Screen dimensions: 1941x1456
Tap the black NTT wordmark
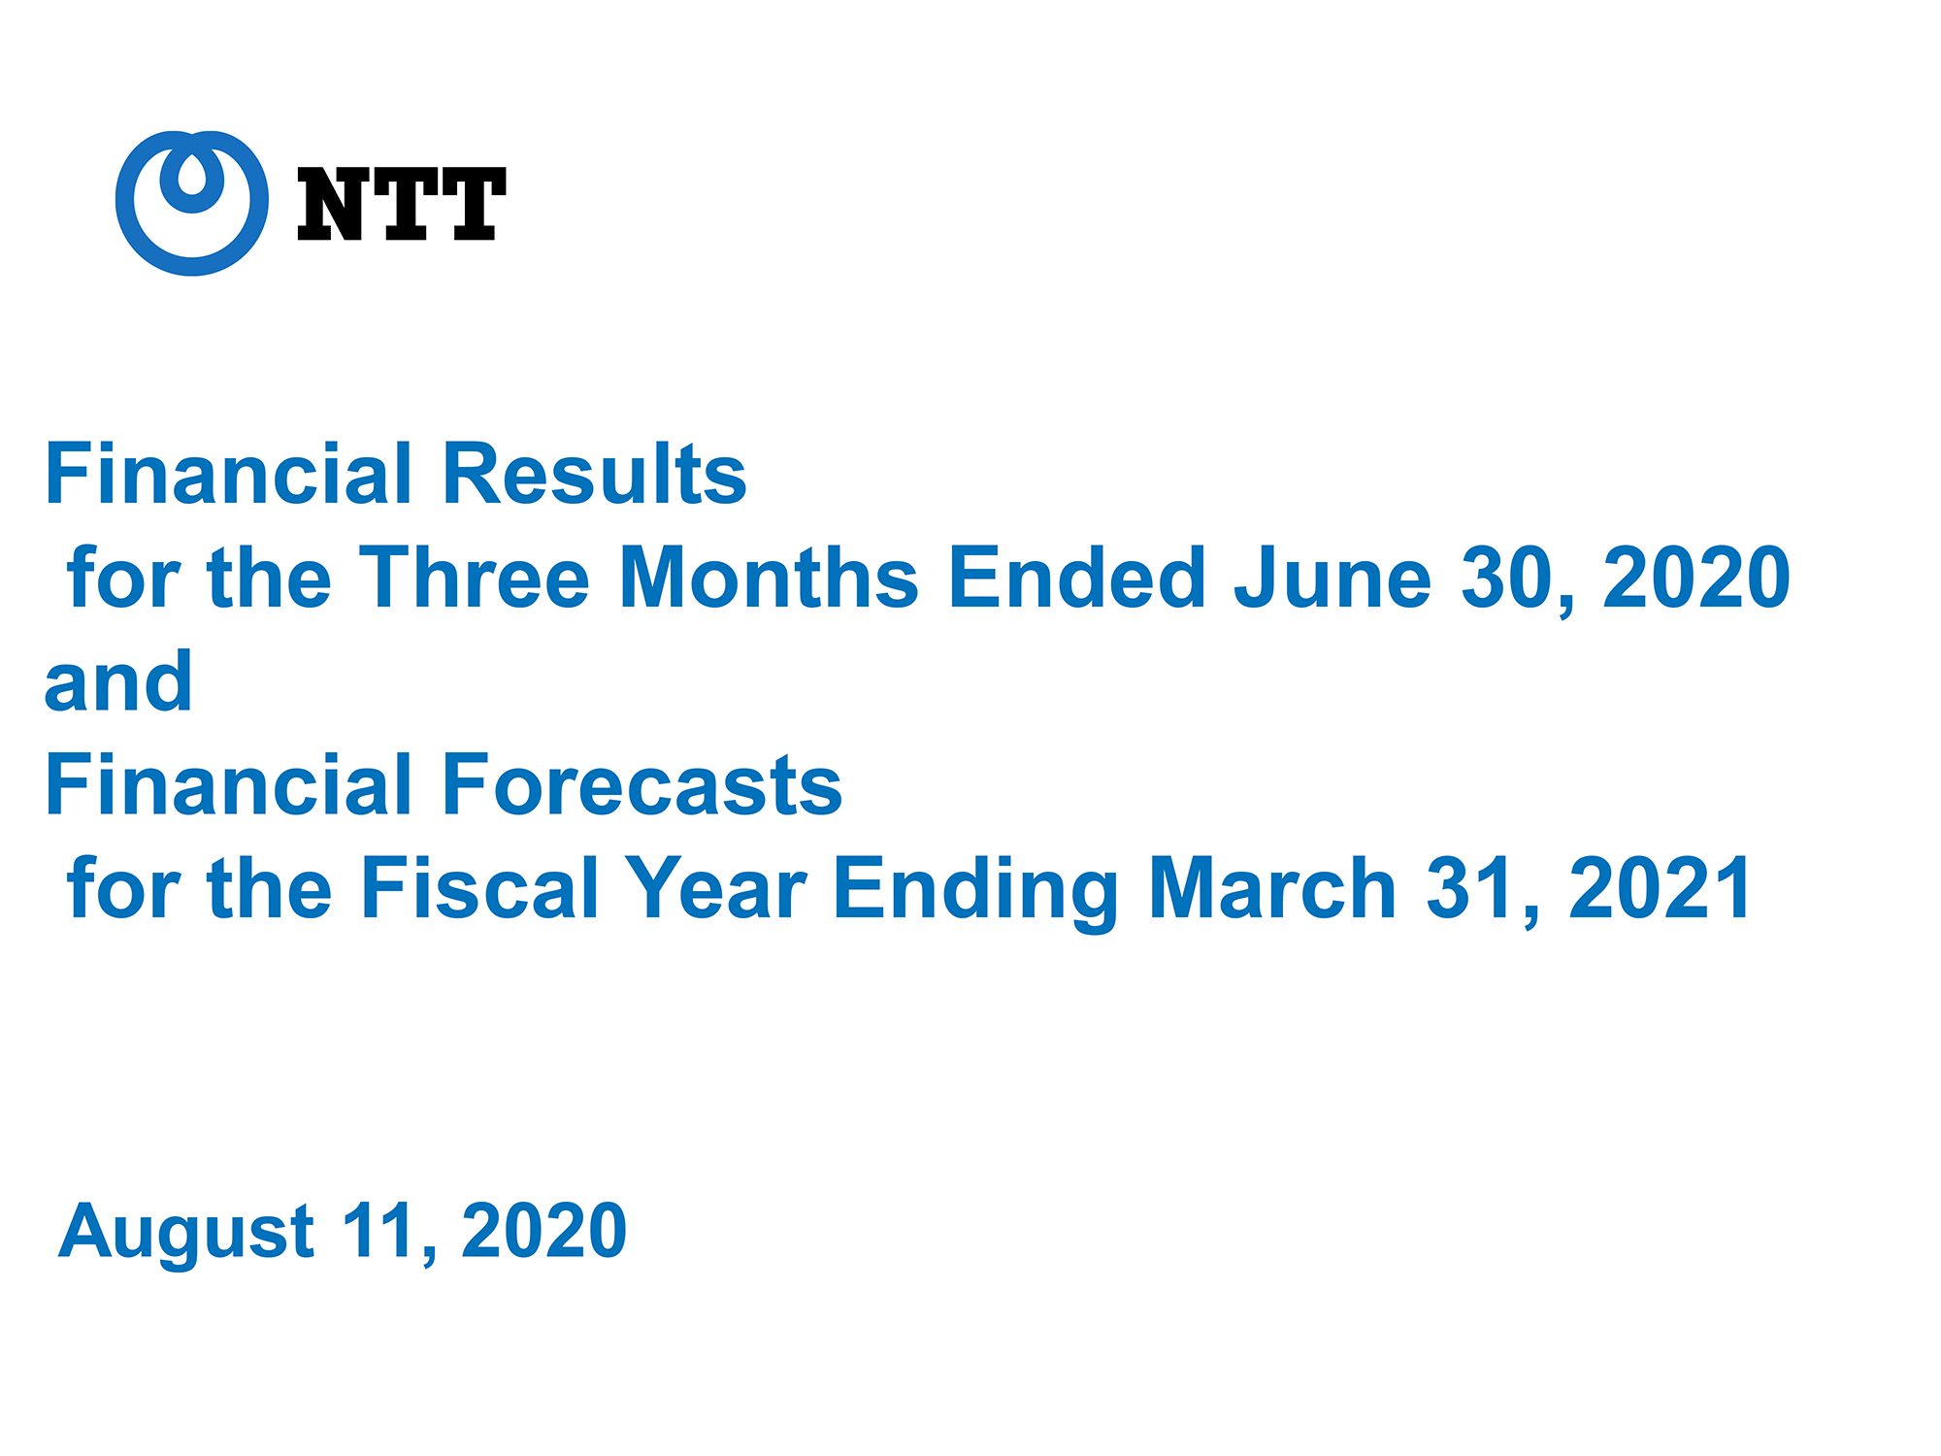[x=401, y=204]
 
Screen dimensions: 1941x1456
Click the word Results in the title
[x=594, y=474]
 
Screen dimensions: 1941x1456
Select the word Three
[x=475, y=578]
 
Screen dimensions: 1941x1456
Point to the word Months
[x=769, y=578]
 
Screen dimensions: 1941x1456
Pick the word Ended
[x=1076, y=578]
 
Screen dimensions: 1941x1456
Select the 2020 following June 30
[x=1696, y=579]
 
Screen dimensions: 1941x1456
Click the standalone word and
[x=118, y=682]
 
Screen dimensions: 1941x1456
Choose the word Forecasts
[x=642, y=785]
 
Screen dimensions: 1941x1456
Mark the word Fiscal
[x=479, y=888]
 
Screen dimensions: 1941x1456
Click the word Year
[x=715, y=888]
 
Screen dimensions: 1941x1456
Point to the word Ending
[x=976, y=892]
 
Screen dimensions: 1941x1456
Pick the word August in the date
[x=186, y=1233]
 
